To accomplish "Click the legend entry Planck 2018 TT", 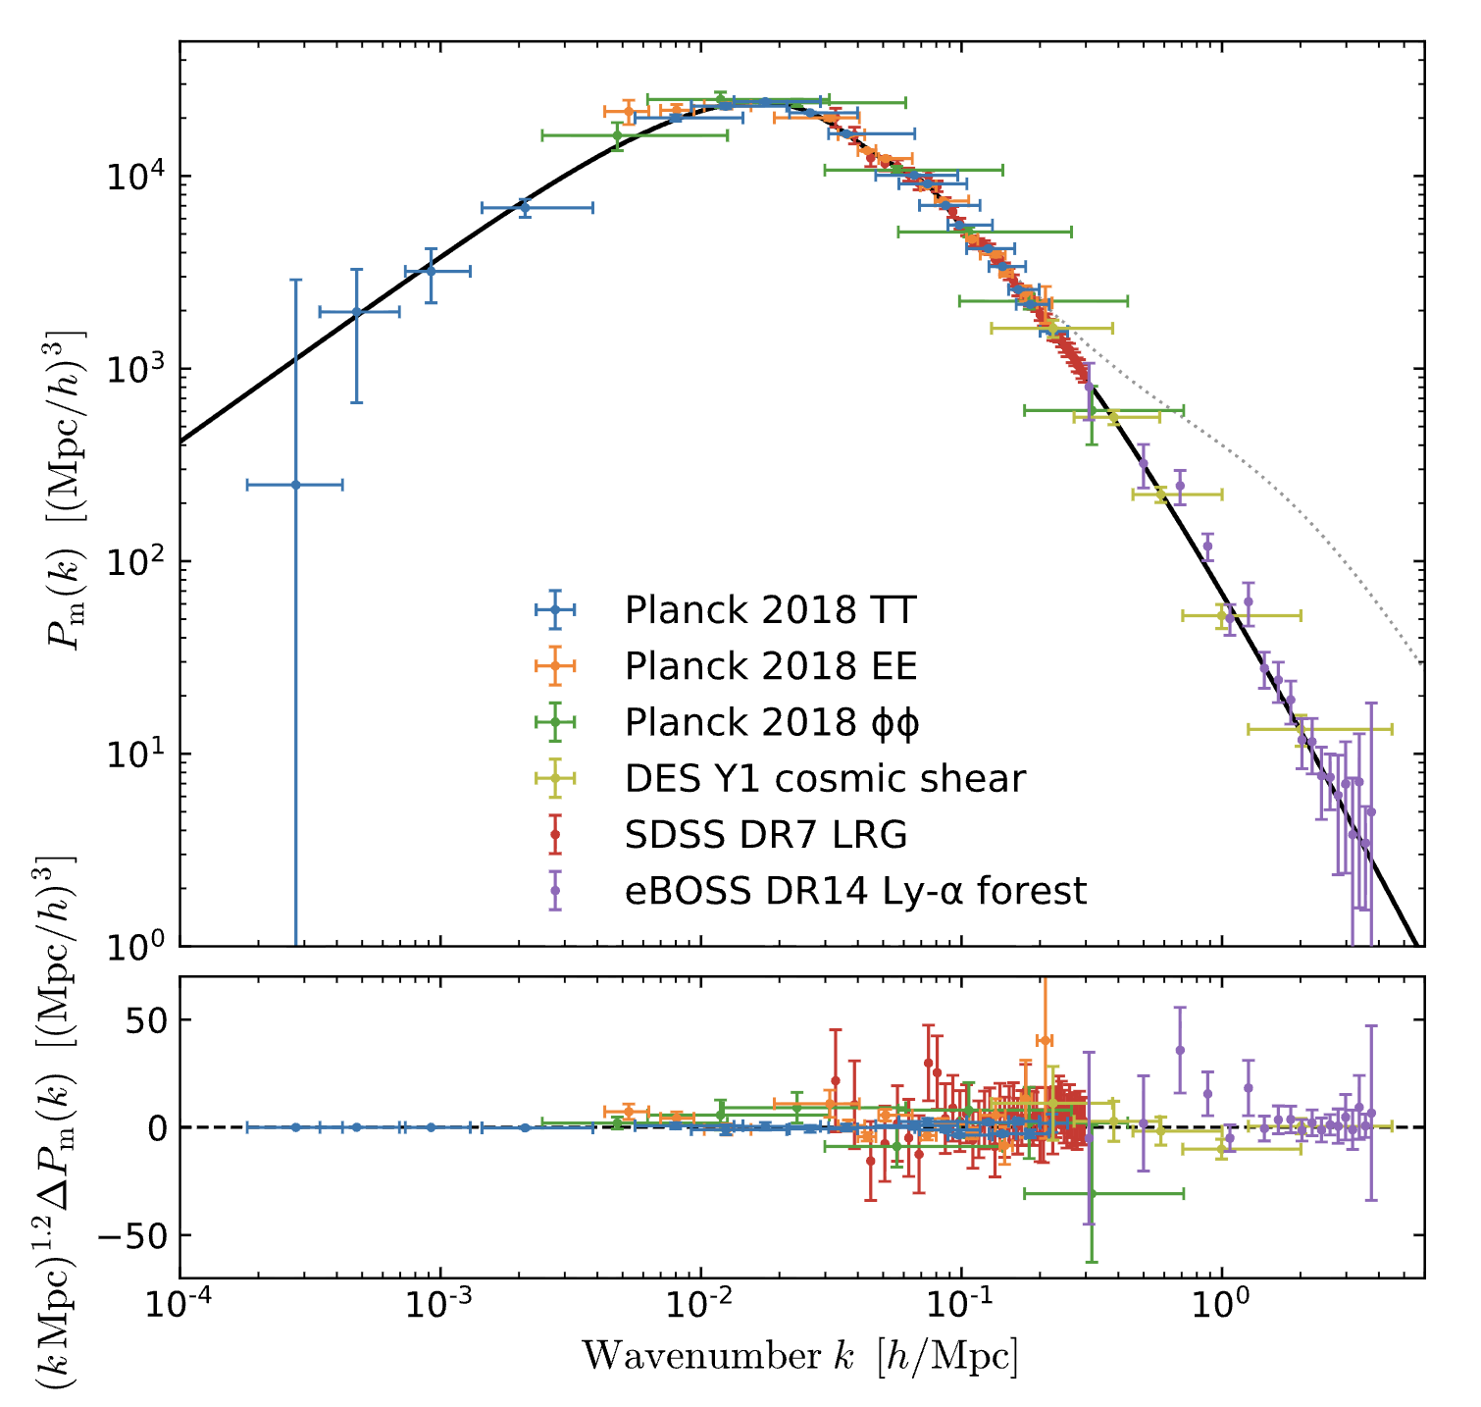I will click(x=769, y=610).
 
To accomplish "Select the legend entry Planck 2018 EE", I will click(x=770, y=666).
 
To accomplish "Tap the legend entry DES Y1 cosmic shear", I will click(x=824, y=779).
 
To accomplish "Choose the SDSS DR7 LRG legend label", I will click(x=765, y=835).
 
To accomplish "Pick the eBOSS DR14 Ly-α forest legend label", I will click(x=855, y=891).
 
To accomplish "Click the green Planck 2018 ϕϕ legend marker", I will click(x=554, y=722).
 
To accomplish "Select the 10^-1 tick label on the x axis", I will click(x=961, y=1307).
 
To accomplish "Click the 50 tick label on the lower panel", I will click(x=147, y=1019).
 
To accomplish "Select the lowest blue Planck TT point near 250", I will click(x=295, y=485).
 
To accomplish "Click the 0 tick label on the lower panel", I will click(x=158, y=1128).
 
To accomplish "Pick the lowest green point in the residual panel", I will click(x=1091, y=1193).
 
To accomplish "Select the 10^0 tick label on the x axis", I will click(x=1221, y=1307).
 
